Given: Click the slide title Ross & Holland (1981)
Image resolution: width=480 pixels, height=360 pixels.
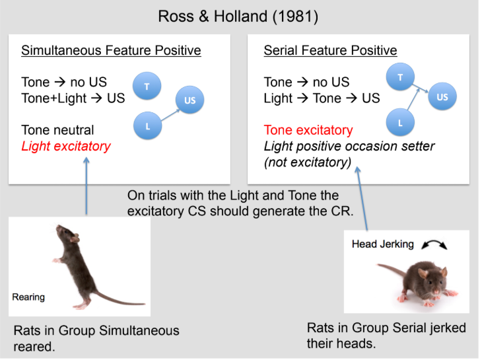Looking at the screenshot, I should point(238,16).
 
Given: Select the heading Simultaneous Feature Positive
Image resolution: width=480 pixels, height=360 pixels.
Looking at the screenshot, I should point(111,51).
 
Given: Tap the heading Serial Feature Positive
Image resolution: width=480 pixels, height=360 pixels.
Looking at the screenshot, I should point(330,51).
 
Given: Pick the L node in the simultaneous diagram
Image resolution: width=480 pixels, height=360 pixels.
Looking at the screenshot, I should point(148,126).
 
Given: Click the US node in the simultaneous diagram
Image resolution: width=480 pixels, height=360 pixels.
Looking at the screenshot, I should point(189,101).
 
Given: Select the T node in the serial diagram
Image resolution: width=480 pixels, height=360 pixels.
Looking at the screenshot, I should point(399,78).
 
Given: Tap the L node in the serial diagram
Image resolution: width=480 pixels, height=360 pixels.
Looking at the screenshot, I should point(400,124).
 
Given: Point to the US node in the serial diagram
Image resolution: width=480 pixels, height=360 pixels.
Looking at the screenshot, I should point(442,98).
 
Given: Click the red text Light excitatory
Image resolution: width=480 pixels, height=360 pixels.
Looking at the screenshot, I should point(66,146).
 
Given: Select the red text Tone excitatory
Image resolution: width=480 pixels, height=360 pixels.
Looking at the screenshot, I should point(308,130).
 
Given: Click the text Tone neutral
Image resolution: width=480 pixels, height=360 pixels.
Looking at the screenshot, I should point(57,130).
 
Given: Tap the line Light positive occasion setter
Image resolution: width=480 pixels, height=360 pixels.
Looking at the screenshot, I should point(349,146).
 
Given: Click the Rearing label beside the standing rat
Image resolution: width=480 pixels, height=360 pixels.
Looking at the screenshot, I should point(28,297).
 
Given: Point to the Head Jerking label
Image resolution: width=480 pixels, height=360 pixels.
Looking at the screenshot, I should point(383,244).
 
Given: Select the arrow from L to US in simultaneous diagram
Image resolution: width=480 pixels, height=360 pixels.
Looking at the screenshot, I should point(168,114).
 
